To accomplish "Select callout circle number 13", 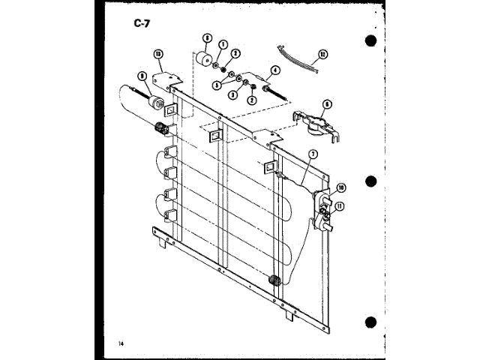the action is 158,53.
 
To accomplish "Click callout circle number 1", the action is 223,44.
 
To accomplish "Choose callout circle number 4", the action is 275,72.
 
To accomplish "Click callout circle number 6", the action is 327,104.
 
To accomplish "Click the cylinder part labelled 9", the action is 157,102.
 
